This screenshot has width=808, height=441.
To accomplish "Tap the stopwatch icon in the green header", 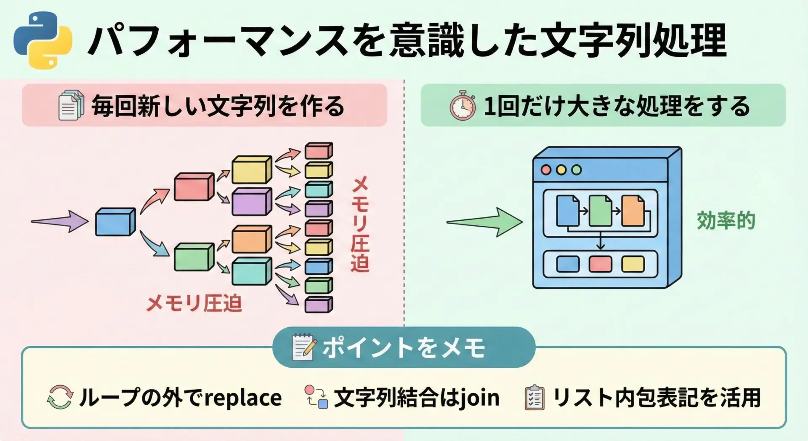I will (x=462, y=105).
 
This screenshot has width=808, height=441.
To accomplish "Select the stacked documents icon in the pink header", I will (x=70, y=105).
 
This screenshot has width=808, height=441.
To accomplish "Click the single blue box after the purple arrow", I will (x=115, y=222).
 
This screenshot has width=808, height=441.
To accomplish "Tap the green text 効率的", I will (x=726, y=221).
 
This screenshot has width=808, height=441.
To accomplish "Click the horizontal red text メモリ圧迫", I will (x=194, y=303).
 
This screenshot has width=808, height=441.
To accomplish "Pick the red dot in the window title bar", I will (x=546, y=170).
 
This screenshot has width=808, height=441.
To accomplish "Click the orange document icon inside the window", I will (x=633, y=211).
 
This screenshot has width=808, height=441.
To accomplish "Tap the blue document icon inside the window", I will (x=568, y=211).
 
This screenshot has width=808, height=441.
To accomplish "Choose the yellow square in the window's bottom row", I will (x=633, y=264).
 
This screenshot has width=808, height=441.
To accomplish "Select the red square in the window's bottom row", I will (x=600, y=264).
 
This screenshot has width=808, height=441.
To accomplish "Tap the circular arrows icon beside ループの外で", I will (x=60, y=397).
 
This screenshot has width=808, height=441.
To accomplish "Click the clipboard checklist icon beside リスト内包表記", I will (x=534, y=398).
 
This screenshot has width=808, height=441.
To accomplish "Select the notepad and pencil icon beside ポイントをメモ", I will (x=303, y=347).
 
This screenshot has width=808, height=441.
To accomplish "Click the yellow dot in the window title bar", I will (x=561, y=170).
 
